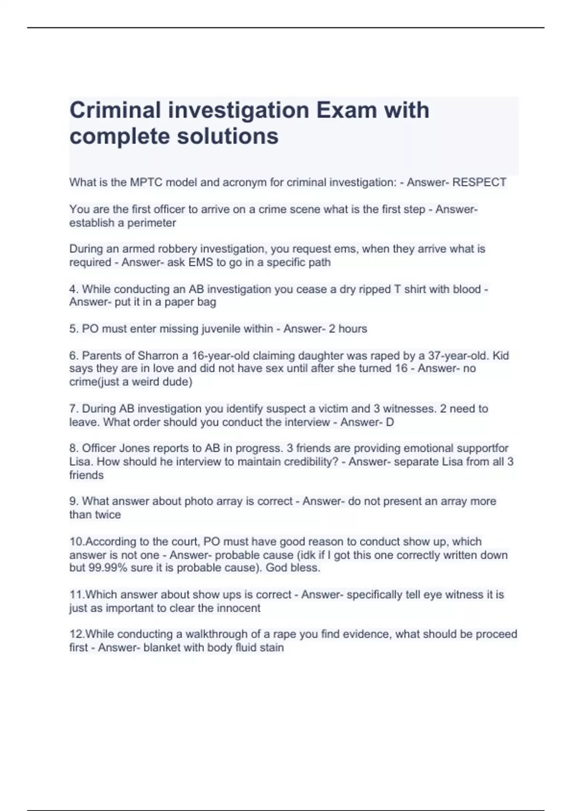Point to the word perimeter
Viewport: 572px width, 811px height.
151,223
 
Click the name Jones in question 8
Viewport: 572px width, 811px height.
134,448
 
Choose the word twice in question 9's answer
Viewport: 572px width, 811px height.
108,514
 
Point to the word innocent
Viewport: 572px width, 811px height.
238,608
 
